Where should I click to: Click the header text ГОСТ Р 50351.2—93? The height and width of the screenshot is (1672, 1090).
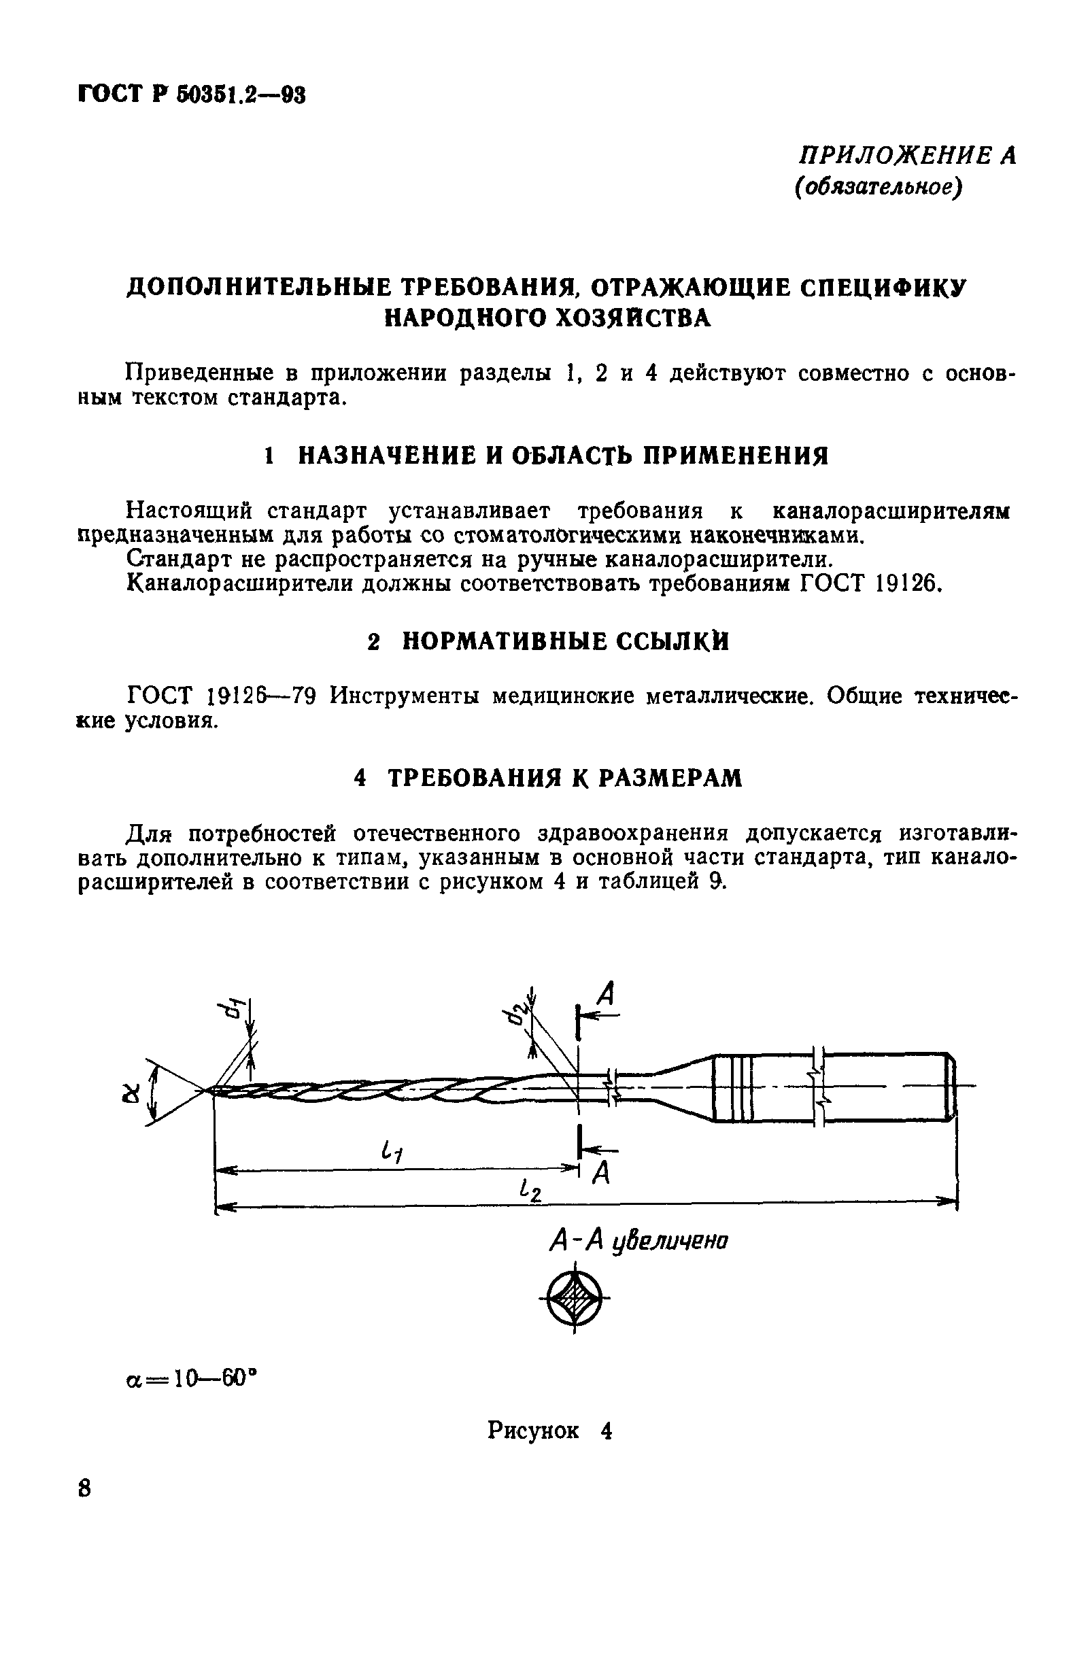(191, 94)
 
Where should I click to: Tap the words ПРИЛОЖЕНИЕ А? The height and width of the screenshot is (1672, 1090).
(908, 155)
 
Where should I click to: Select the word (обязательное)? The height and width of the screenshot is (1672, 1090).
(877, 188)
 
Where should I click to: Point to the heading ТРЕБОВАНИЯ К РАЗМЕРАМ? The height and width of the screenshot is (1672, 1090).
(564, 778)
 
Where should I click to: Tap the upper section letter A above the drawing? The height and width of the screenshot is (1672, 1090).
(606, 995)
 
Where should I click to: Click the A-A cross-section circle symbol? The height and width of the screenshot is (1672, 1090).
(575, 1297)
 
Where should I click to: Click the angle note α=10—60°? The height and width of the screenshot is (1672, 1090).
(188, 1378)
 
